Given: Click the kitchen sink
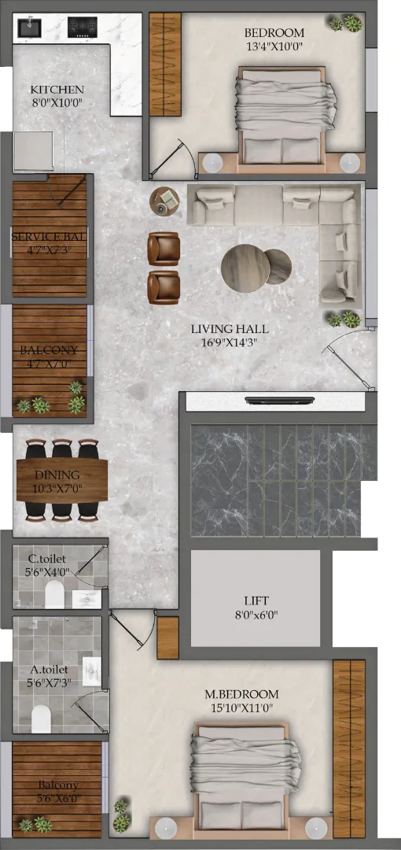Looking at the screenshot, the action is [29, 27].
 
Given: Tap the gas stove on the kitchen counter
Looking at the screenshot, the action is [83, 27].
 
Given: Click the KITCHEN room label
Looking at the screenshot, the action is [57, 90].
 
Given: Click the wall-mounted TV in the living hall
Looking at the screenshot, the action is [280, 401].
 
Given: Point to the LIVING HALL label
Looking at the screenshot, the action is [230, 329].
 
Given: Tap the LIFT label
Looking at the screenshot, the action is [257, 601].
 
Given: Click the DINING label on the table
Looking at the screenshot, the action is [57, 475].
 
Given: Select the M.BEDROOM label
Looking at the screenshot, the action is [241, 694].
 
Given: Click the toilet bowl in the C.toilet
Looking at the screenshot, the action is [55, 594].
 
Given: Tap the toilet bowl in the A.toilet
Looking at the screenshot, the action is [41, 718].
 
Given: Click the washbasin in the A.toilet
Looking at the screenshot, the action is [92, 671].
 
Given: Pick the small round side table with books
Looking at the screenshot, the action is [164, 201].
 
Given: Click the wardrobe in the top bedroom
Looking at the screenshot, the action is [165, 64].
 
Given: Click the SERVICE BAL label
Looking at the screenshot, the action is [50, 237].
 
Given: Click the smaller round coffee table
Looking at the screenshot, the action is [278, 267].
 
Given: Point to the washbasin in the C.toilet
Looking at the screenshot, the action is [86, 599].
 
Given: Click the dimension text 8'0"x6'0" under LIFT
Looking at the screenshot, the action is [257, 615].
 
